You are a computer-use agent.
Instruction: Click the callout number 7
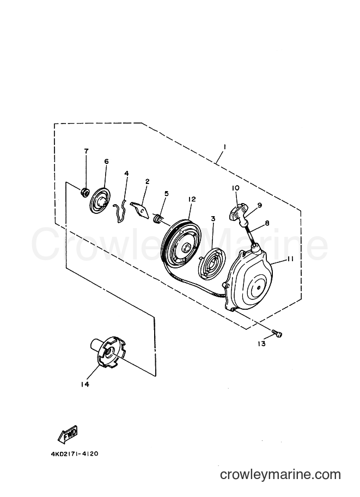click(87, 151)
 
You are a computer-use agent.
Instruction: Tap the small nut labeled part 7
click(84, 192)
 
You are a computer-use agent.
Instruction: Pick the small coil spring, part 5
click(157, 219)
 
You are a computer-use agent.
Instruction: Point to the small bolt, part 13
click(277, 333)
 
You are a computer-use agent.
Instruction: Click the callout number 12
click(192, 199)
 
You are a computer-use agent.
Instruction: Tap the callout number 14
click(84, 384)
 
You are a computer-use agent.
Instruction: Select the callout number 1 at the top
click(224, 147)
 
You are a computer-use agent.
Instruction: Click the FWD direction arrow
click(68, 434)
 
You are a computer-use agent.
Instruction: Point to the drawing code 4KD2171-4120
click(75, 453)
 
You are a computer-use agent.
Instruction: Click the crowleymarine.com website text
click(280, 475)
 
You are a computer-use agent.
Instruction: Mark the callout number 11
click(290, 259)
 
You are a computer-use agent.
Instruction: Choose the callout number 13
click(261, 343)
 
